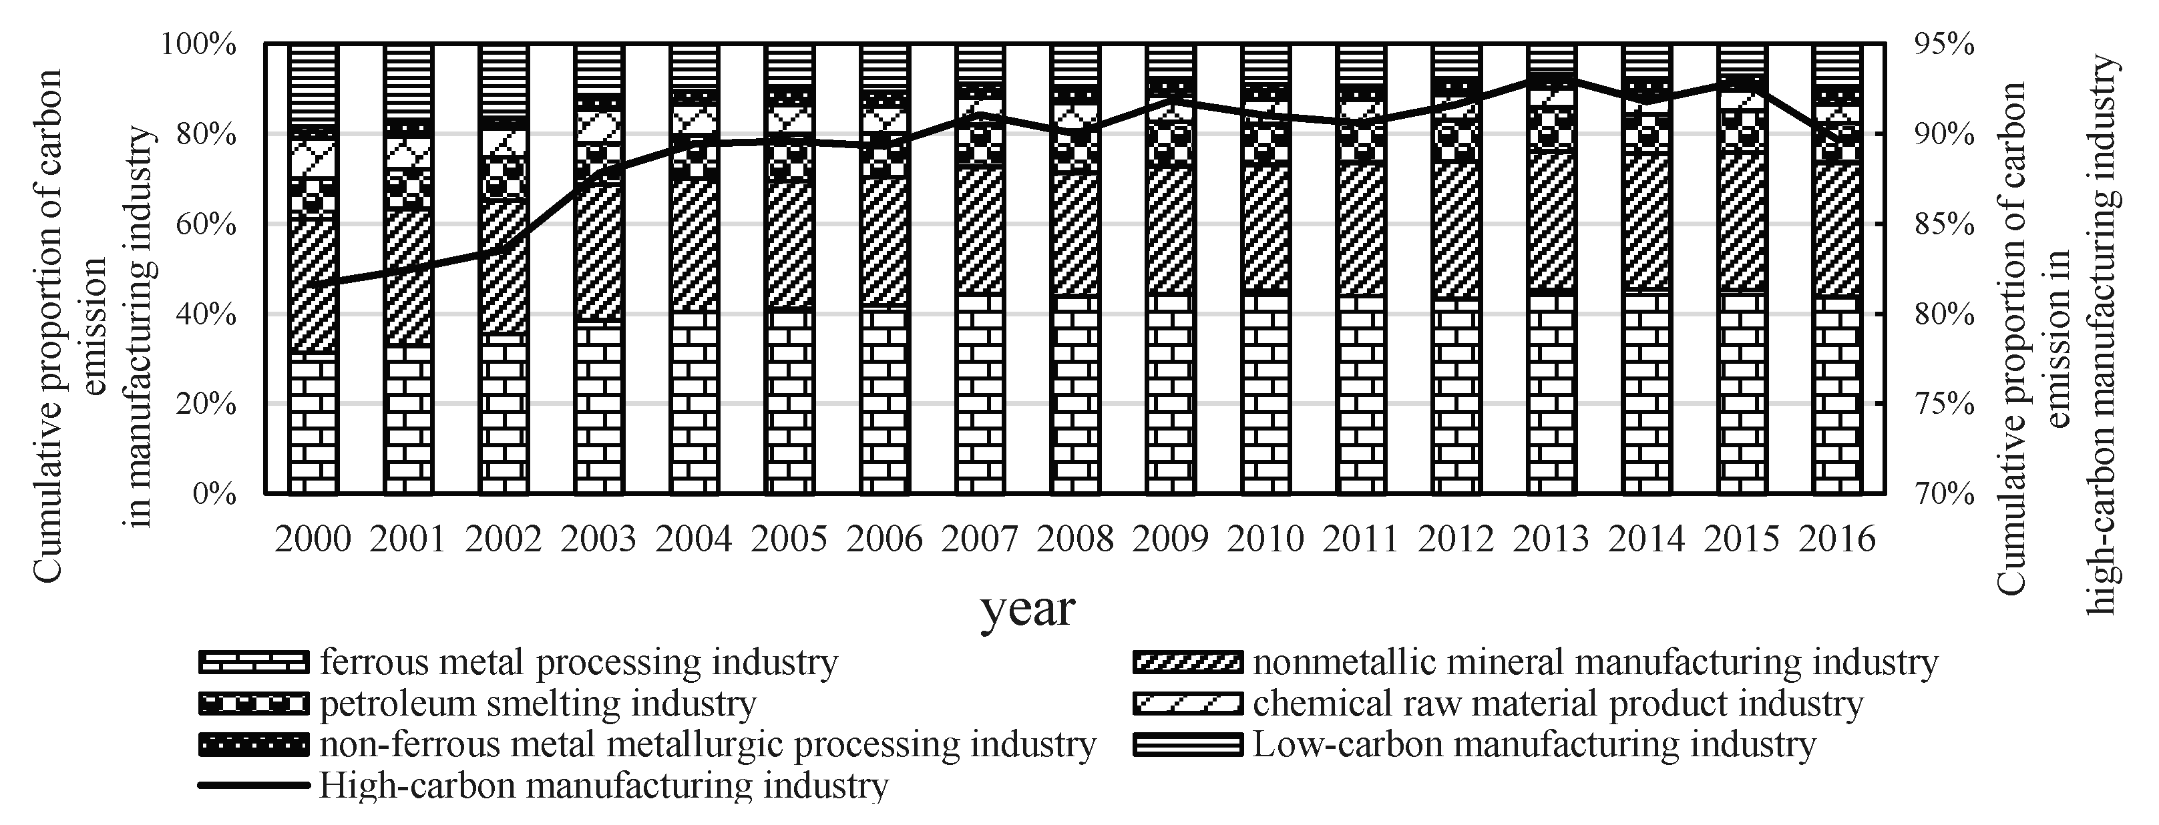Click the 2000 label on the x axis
point(313,538)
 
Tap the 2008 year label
point(1075,538)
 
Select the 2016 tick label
point(1837,538)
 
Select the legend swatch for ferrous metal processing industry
point(253,663)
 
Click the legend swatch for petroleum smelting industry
point(253,704)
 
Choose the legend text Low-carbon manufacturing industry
point(1533,744)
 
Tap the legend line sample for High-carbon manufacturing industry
point(253,786)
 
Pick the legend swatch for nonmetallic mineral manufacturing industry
point(1186,663)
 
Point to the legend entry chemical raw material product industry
point(1557,704)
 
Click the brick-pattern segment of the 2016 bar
point(1837,394)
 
